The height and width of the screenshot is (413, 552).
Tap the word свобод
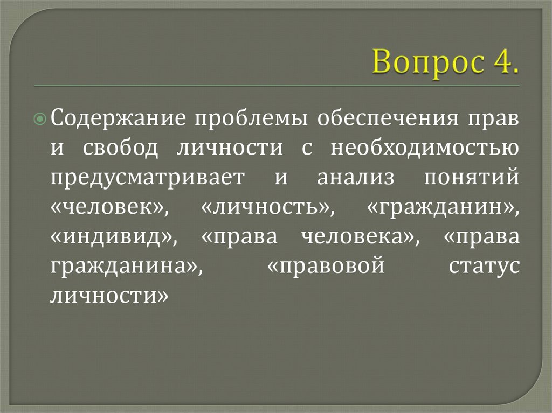pos(121,148)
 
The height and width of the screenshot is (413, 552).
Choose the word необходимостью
pos(425,148)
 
